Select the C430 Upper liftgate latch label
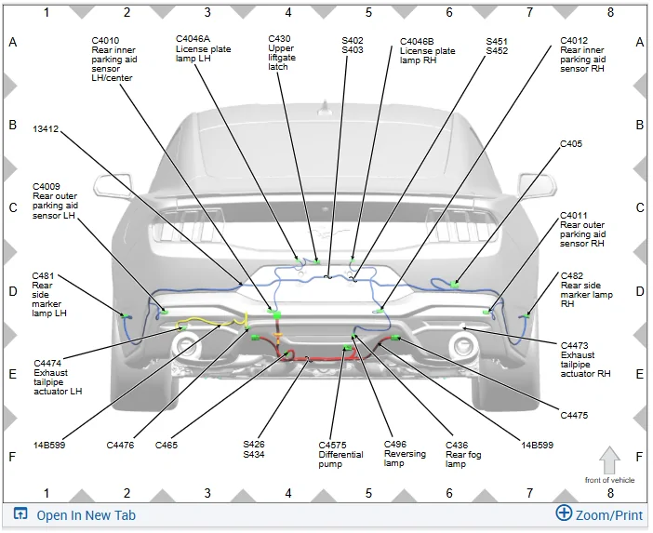click(x=282, y=52)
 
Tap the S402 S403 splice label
click(x=353, y=45)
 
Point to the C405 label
click(x=571, y=143)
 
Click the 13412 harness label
click(x=46, y=129)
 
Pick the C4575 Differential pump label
click(x=340, y=454)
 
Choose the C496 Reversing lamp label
click(x=405, y=453)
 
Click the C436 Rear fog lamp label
click(x=463, y=454)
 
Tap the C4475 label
click(x=574, y=415)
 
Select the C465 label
click(x=167, y=446)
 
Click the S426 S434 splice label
click(x=254, y=449)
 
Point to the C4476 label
click(x=120, y=446)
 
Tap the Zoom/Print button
click(x=599, y=514)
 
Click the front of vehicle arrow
click(x=609, y=460)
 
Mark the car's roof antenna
click(x=325, y=108)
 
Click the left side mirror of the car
click(x=113, y=185)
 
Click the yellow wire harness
click(x=212, y=321)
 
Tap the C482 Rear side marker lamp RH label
click(x=586, y=290)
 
